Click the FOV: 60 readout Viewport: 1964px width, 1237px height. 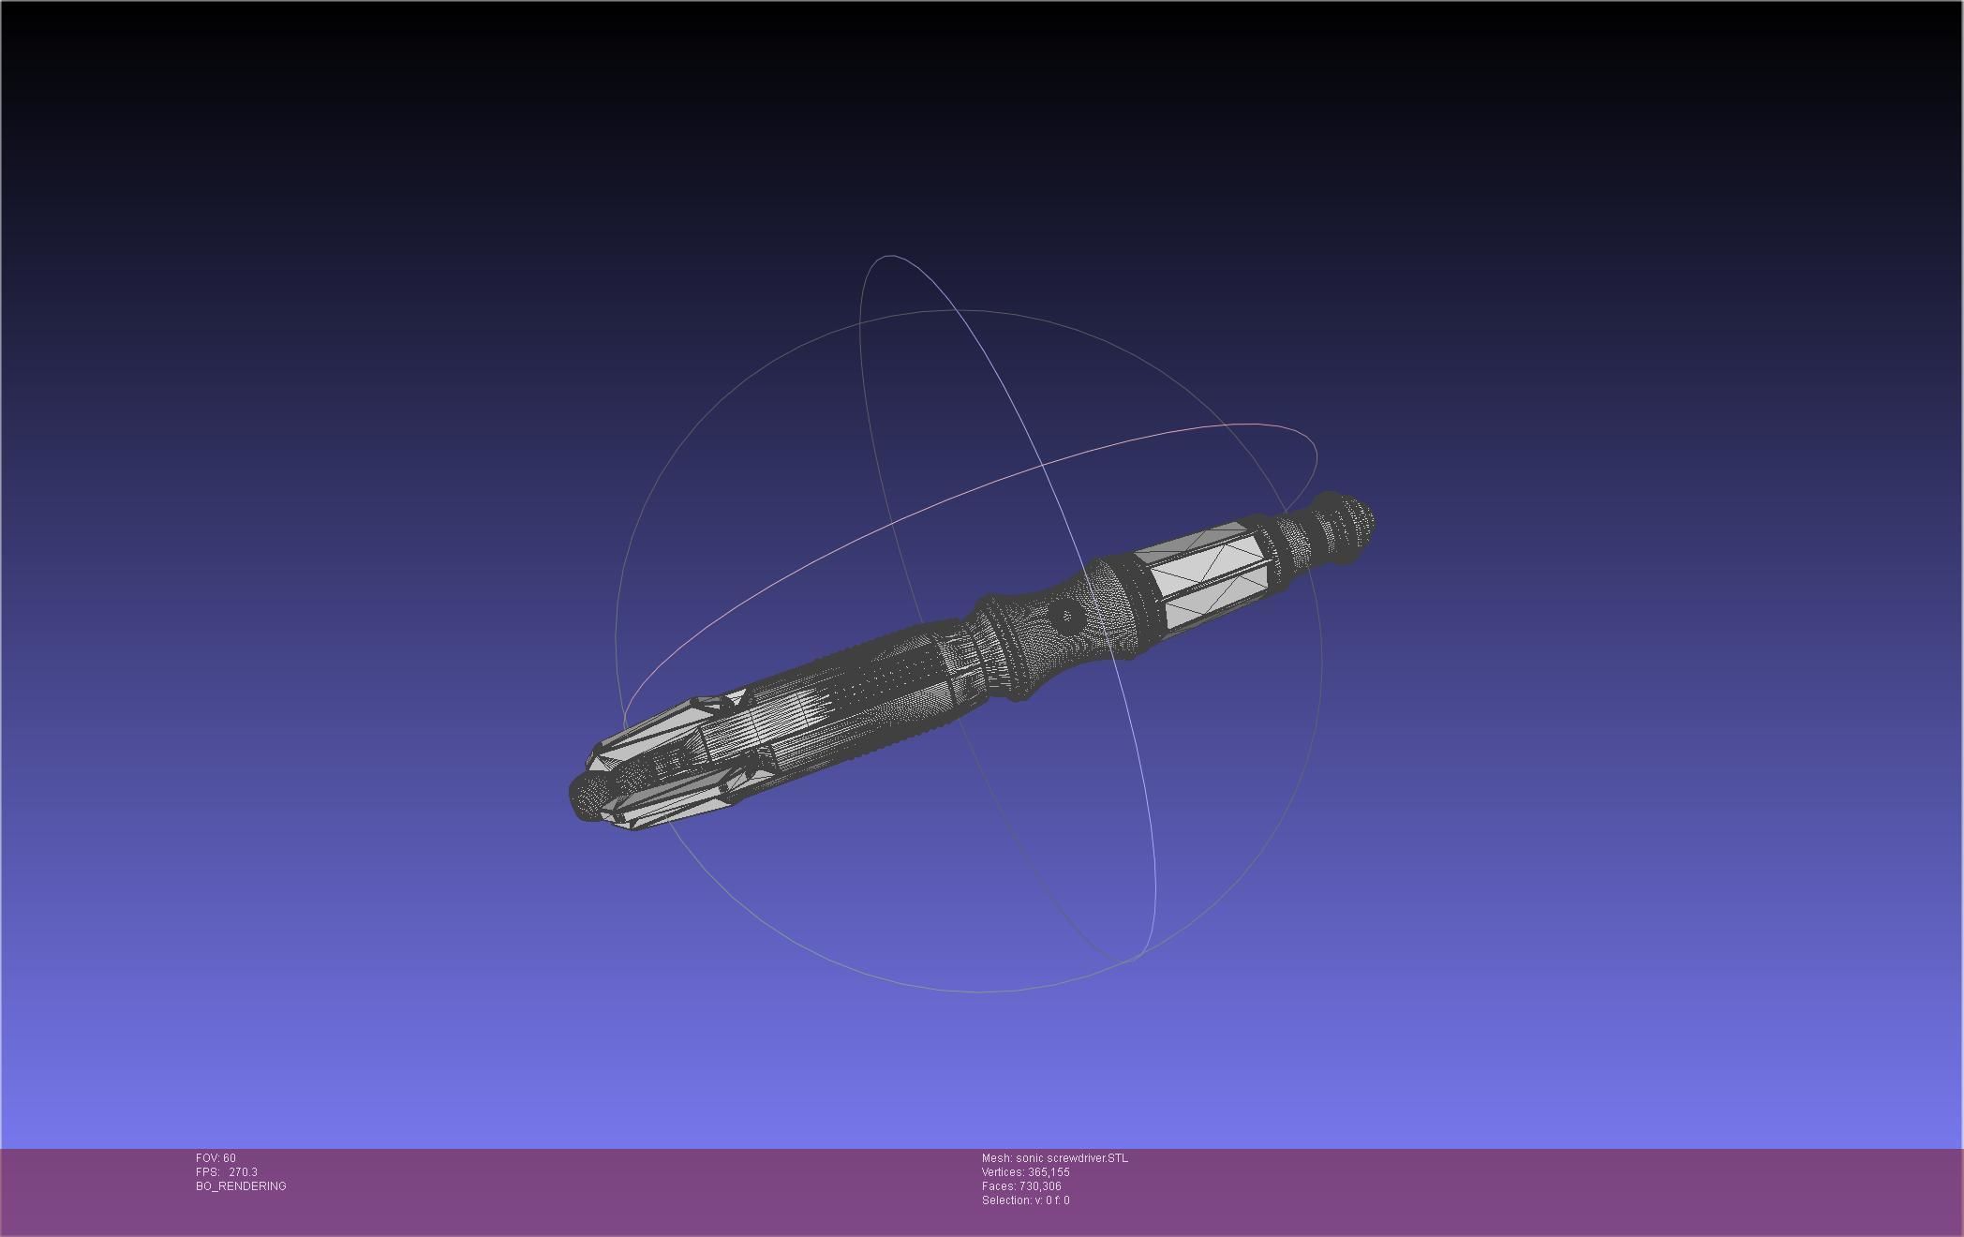point(216,1158)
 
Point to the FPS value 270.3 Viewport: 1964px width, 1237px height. point(242,1172)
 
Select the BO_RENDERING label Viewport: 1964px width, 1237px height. point(241,1186)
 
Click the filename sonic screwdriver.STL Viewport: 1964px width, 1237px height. point(1072,1158)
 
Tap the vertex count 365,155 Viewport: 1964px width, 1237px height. point(1049,1172)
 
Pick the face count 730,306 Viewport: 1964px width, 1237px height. point(1040,1186)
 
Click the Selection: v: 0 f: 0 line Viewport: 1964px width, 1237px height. point(1025,1200)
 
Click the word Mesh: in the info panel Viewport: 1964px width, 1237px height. point(997,1158)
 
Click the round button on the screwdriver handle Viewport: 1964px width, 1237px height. point(1065,616)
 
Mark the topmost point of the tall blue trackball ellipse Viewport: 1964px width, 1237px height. point(885,255)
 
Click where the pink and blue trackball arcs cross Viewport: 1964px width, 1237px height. point(1043,465)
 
